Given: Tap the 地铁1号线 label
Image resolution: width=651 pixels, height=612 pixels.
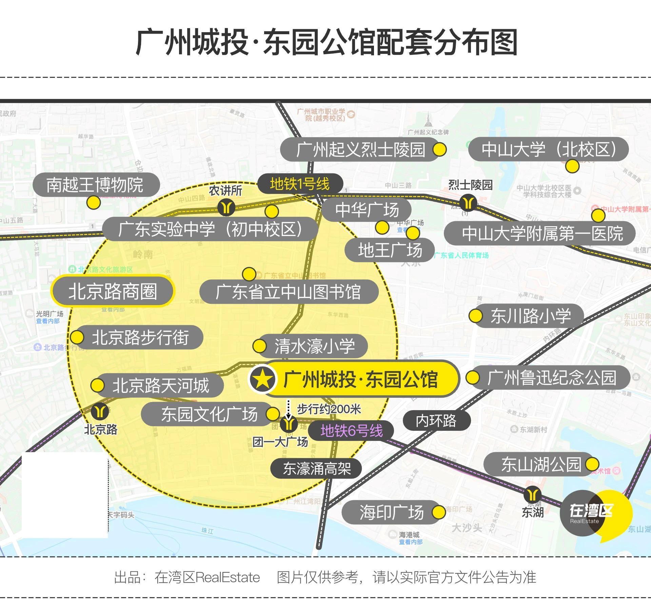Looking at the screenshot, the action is pos(300,184).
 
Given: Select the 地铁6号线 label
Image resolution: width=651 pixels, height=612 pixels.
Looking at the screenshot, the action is pos(352,431).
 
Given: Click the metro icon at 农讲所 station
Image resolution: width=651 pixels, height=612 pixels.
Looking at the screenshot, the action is pos(226,207).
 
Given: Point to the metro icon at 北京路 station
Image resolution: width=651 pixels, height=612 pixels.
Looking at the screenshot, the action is pos(100,411).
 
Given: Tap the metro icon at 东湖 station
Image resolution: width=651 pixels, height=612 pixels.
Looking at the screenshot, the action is pos(532,495).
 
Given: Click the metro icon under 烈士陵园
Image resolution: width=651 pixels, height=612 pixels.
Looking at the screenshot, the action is pos(469,203).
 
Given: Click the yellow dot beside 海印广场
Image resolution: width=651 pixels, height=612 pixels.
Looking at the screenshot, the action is pos(438,512).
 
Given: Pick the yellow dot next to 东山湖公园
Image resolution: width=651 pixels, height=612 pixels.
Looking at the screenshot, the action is pos(592,464).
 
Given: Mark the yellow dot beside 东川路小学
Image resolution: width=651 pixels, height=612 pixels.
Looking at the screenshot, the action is pos(475,316).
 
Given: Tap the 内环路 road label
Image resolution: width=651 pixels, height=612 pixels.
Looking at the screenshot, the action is pos(436,421).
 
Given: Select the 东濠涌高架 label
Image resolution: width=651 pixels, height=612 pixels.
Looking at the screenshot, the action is pos(316,469).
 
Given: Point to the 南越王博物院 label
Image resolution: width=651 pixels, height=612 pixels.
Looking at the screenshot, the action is pos(95,185).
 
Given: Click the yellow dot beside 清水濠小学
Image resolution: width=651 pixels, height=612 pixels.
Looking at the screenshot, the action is pos(260,346).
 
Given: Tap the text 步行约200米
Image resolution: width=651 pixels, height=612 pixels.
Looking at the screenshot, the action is pos(329,409).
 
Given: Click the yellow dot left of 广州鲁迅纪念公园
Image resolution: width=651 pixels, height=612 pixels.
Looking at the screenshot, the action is pos(472,378).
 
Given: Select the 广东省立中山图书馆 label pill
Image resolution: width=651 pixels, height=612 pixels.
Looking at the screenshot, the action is pos(289,292).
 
